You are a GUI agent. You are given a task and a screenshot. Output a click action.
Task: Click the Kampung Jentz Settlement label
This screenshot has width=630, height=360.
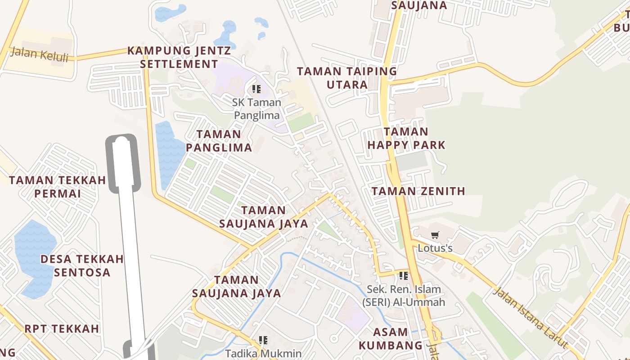(179, 57)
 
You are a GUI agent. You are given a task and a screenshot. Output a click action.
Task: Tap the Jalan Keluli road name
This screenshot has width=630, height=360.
(39, 54)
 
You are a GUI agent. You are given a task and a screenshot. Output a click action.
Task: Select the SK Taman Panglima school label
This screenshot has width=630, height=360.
(256, 109)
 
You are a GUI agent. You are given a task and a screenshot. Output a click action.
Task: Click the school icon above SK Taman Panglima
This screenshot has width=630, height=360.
(256, 89)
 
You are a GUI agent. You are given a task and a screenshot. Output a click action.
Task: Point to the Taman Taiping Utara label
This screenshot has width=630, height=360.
(347, 78)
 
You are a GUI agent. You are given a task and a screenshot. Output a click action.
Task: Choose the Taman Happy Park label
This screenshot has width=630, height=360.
(406, 138)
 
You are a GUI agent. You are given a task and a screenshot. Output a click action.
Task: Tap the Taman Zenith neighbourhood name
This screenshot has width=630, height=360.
(418, 191)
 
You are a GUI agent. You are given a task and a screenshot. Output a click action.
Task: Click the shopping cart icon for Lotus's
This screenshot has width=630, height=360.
(435, 235)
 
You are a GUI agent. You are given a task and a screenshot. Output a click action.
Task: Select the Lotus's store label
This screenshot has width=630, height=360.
(435, 248)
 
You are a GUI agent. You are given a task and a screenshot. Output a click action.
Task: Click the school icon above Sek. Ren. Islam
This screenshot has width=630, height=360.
(403, 275)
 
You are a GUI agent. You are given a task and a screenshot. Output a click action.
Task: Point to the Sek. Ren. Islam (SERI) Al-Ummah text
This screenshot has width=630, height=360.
(404, 296)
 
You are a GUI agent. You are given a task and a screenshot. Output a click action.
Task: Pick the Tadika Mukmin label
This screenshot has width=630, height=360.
(263, 353)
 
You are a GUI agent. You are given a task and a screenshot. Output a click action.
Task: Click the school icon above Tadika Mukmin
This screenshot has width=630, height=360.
(263, 340)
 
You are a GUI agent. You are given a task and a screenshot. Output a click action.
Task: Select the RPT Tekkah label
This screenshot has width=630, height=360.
(62, 328)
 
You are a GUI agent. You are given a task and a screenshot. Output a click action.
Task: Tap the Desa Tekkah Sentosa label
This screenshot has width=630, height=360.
(82, 265)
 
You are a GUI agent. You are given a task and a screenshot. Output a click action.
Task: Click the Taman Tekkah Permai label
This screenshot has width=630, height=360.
(58, 187)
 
